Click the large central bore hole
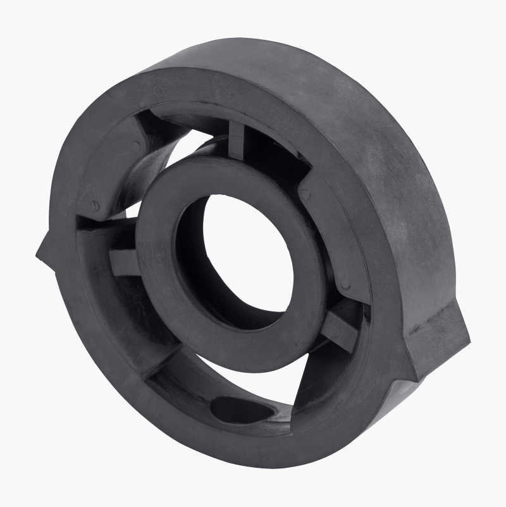(250, 253)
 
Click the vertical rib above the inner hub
(236, 141)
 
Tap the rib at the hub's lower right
(338, 329)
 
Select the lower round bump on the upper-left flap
(95, 206)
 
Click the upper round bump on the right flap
(305, 194)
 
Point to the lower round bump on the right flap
(345, 285)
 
